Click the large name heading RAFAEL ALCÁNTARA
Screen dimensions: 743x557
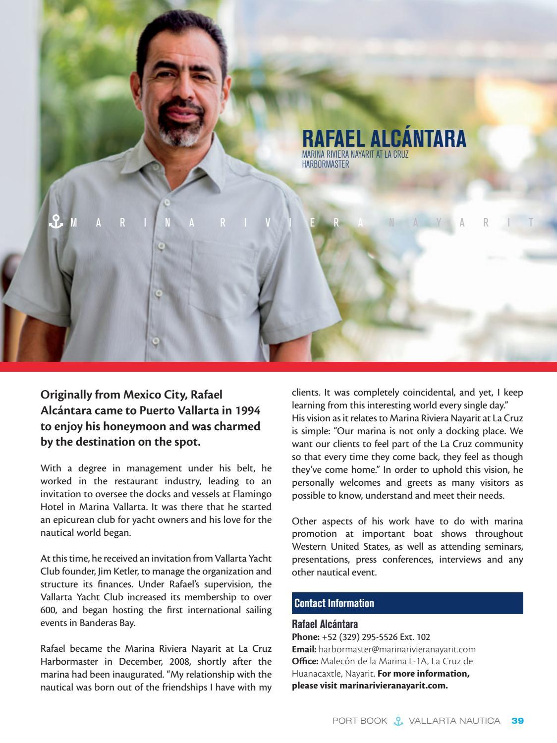[384, 138]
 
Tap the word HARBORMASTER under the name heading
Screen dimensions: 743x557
[325, 164]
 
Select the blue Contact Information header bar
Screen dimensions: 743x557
[407, 603]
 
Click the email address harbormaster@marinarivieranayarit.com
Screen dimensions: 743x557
[397, 649]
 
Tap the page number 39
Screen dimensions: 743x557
[517, 721]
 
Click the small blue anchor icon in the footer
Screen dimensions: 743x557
[397, 721]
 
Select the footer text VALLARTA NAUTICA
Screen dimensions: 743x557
[454, 721]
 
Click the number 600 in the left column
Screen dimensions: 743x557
[49, 610]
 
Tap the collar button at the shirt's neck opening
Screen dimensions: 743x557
[167, 202]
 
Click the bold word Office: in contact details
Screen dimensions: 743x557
[305, 661]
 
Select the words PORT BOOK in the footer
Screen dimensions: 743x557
[359, 721]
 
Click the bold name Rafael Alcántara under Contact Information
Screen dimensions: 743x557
[325, 624]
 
